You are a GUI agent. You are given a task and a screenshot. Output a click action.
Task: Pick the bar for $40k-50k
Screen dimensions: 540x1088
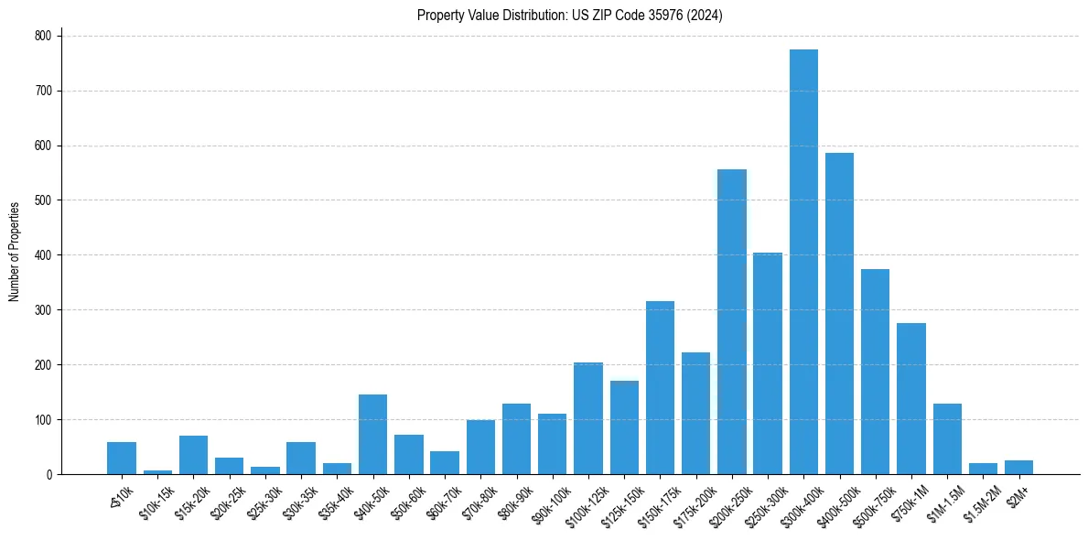click(x=372, y=435)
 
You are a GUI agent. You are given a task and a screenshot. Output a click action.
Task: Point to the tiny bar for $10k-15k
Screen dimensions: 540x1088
click(x=157, y=472)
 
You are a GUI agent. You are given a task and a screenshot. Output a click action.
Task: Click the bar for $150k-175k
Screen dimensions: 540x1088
click(x=660, y=388)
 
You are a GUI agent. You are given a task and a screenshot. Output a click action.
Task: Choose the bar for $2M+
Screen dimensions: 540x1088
click(x=1018, y=468)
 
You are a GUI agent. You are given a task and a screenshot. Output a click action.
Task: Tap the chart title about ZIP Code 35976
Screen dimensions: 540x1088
click(x=570, y=15)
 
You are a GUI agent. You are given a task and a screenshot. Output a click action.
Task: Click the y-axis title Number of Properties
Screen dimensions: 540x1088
click(x=15, y=252)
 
